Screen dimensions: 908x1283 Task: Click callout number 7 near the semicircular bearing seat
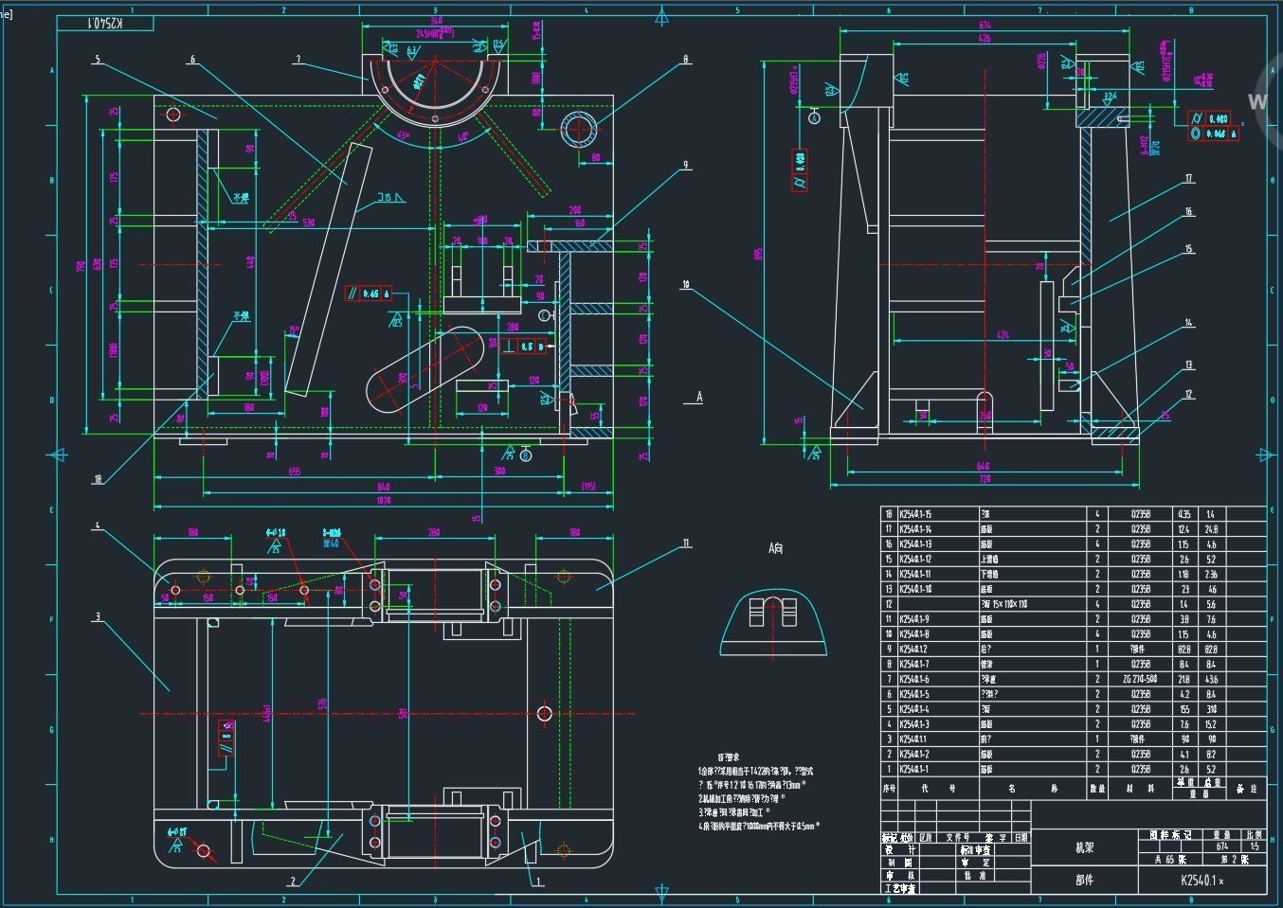click(298, 59)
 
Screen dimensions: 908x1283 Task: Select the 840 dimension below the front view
click(383, 487)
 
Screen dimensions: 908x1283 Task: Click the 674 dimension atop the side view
click(985, 26)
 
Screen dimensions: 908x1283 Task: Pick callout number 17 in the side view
click(1188, 178)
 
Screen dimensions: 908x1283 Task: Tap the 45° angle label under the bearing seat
click(404, 135)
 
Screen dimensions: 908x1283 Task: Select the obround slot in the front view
click(425, 368)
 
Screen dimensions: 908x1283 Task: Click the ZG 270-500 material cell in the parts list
click(1140, 679)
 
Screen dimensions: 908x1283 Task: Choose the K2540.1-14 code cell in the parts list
click(915, 529)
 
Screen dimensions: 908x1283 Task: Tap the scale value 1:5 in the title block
click(1254, 847)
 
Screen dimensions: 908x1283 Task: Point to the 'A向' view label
click(775, 548)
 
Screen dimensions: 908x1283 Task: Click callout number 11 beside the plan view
click(686, 543)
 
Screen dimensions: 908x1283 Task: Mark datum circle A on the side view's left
click(814, 116)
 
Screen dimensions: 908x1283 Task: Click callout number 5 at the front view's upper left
click(97, 59)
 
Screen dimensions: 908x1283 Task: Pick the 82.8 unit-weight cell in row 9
click(1184, 650)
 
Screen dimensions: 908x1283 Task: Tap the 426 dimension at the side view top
click(985, 39)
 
